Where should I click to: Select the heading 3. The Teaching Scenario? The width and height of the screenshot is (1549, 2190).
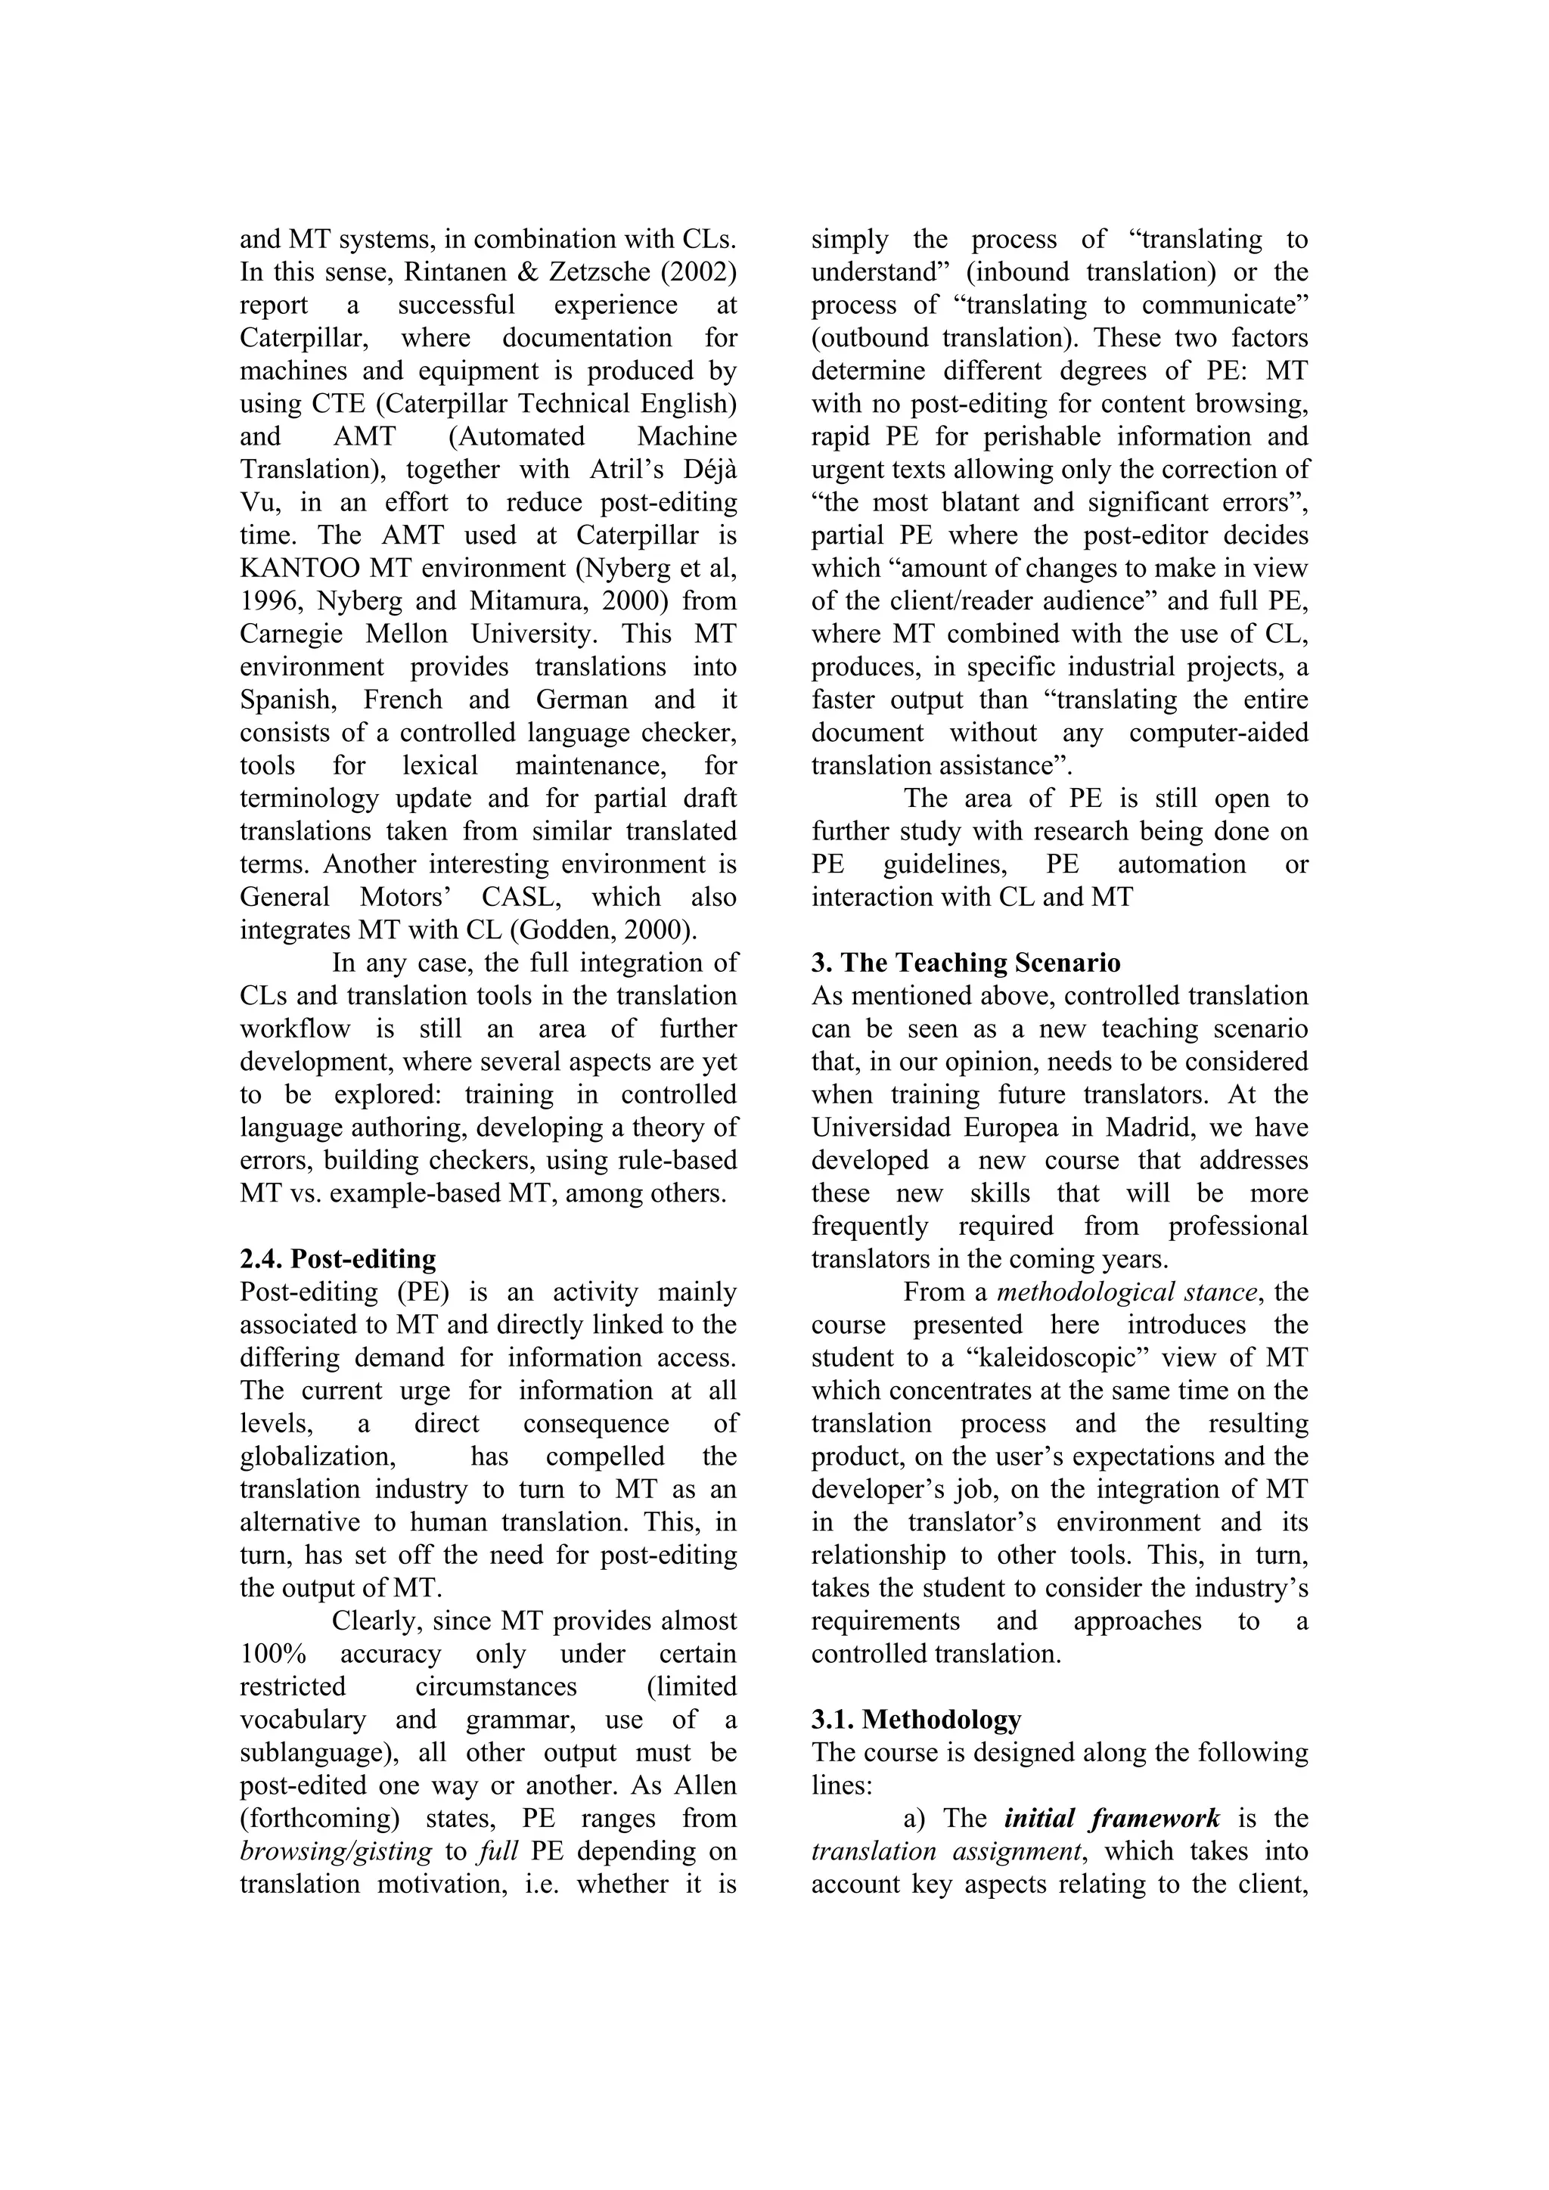[965, 963]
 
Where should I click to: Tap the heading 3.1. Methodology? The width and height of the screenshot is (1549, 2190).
[916, 1720]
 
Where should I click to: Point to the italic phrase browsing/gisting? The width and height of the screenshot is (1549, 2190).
[336, 1851]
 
